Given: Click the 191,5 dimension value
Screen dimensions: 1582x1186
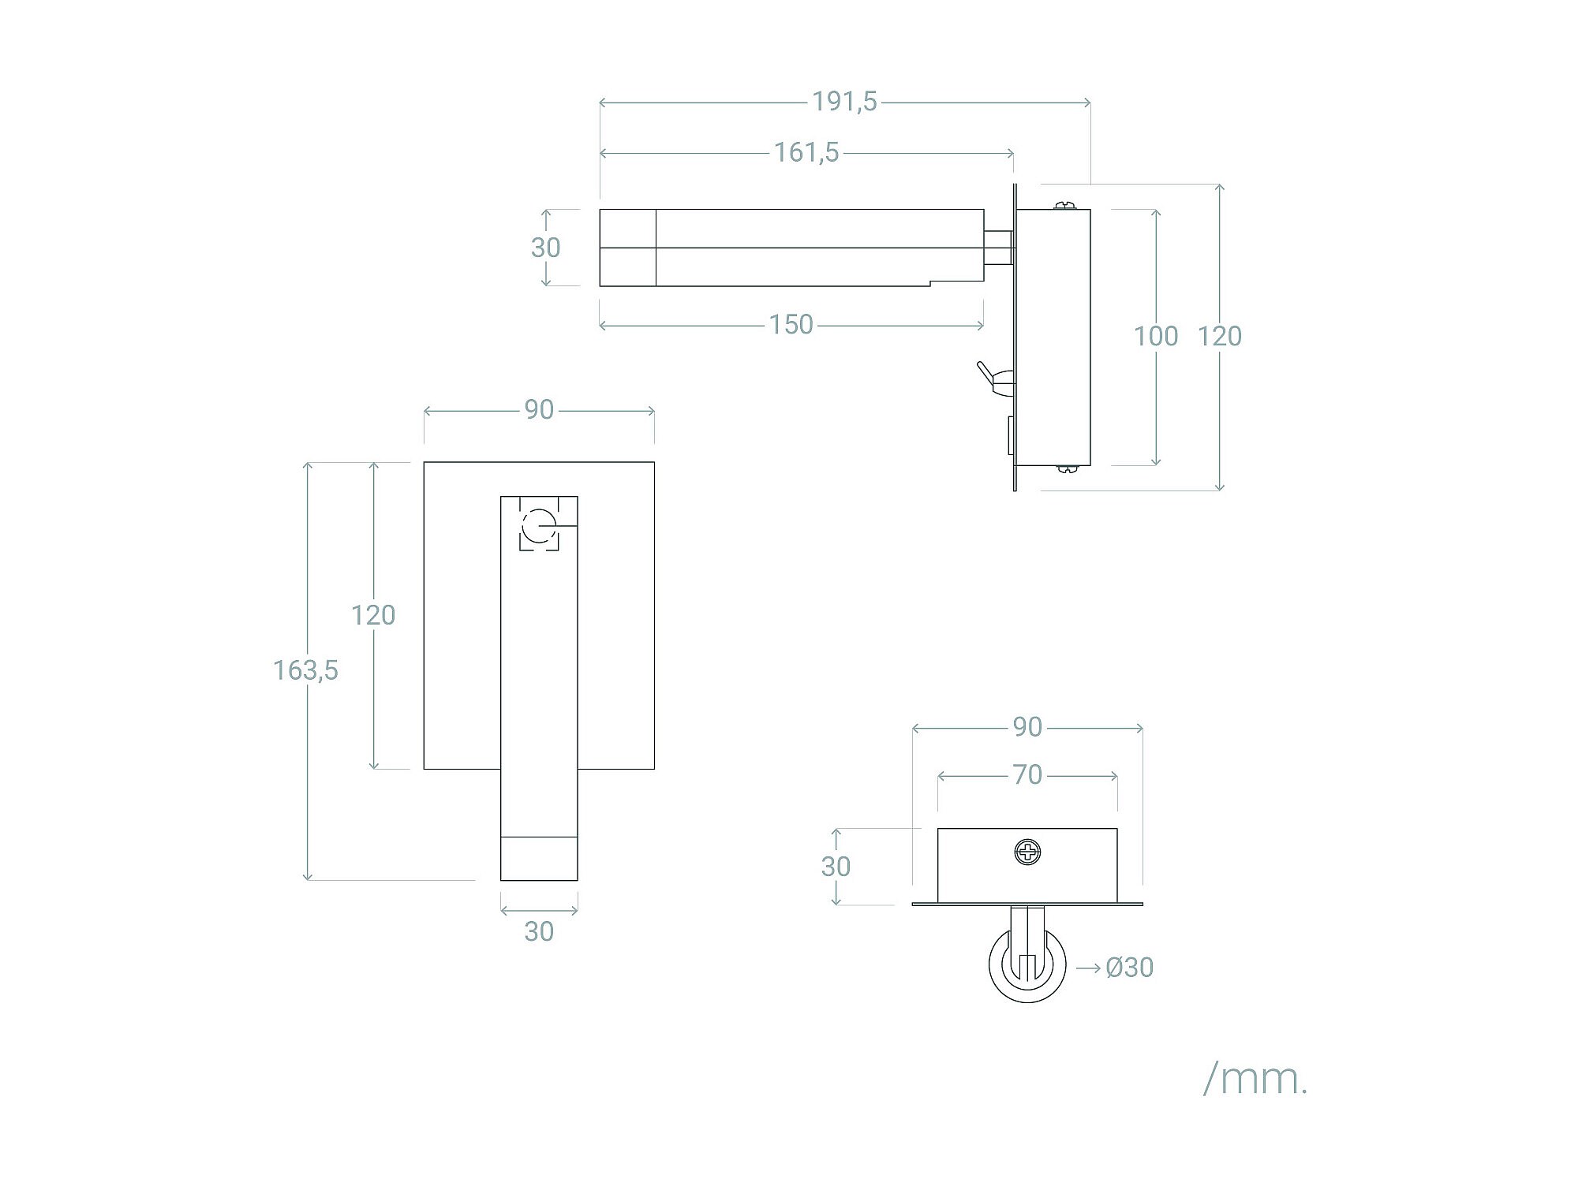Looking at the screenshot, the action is [x=844, y=102].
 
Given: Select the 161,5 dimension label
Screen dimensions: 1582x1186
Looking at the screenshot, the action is [x=806, y=152].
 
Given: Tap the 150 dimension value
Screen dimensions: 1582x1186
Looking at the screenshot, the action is [x=791, y=325].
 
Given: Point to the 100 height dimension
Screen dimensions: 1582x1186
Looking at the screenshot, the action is [x=1155, y=336].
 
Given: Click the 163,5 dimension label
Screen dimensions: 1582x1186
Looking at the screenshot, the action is [x=305, y=670].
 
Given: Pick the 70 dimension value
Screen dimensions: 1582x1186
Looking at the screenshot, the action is [x=1027, y=775].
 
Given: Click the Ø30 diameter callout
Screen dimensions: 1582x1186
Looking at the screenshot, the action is [x=1129, y=968].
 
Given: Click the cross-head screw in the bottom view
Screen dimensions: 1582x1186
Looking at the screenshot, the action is [x=1027, y=852].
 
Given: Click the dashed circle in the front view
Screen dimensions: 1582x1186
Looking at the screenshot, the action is [x=540, y=526].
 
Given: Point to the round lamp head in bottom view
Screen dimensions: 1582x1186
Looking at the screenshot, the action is [x=1027, y=966].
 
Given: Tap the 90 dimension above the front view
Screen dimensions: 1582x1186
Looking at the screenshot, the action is [x=539, y=410].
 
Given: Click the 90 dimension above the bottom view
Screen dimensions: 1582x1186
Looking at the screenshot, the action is [x=1027, y=727].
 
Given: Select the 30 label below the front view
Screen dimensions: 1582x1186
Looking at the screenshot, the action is [x=539, y=931].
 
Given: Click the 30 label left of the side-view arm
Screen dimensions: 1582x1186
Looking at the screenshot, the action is [x=545, y=248].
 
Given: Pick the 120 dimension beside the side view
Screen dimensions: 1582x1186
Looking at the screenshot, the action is [x=1219, y=336].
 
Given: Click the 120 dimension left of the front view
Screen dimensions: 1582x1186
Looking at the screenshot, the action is [x=373, y=615].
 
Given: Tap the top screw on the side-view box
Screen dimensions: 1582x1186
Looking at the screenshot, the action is [x=1065, y=206].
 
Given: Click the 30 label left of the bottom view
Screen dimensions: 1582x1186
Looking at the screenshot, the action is [x=836, y=867].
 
